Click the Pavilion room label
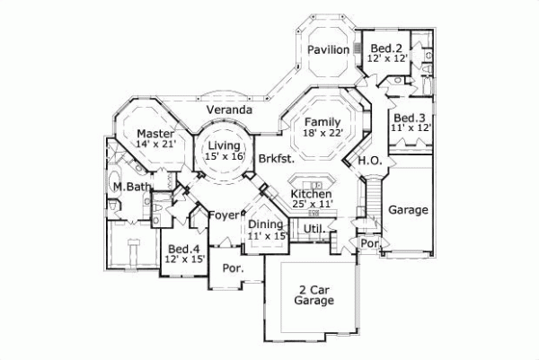click(x=328, y=49)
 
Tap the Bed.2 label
click(x=385, y=47)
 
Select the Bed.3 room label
click(x=410, y=118)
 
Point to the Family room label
click(x=322, y=121)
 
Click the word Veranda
click(x=228, y=110)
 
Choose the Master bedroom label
click(x=155, y=132)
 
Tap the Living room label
click(x=225, y=145)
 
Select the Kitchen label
click(x=312, y=194)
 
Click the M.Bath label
click(x=131, y=186)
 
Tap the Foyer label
click(x=225, y=215)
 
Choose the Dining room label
click(x=266, y=224)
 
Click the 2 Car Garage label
click(x=314, y=294)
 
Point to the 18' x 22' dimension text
click(x=323, y=133)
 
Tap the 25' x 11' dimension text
click(x=312, y=205)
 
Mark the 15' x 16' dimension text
click(x=225, y=156)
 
